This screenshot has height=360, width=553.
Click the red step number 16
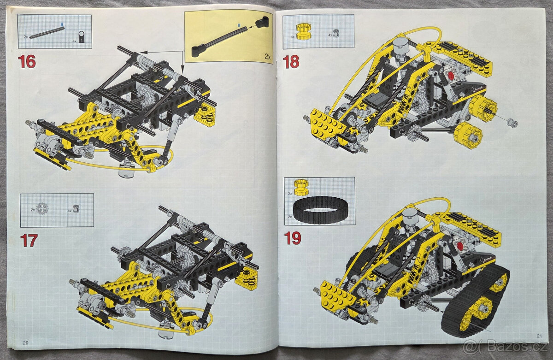click(x=27, y=61)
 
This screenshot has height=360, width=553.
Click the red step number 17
click(x=29, y=240)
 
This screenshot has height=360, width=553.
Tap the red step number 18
click(x=291, y=61)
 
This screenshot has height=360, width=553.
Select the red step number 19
click(x=293, y=238)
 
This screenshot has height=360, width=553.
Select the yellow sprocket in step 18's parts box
click(x=304, y=31)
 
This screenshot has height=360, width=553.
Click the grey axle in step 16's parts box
click(x=47, y=33)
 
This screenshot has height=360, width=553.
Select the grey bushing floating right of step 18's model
click(x=512, y=123)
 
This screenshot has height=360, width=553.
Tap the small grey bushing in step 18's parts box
click(x=336, y=33)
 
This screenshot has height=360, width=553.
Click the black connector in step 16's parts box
click(x=82, y=38)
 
